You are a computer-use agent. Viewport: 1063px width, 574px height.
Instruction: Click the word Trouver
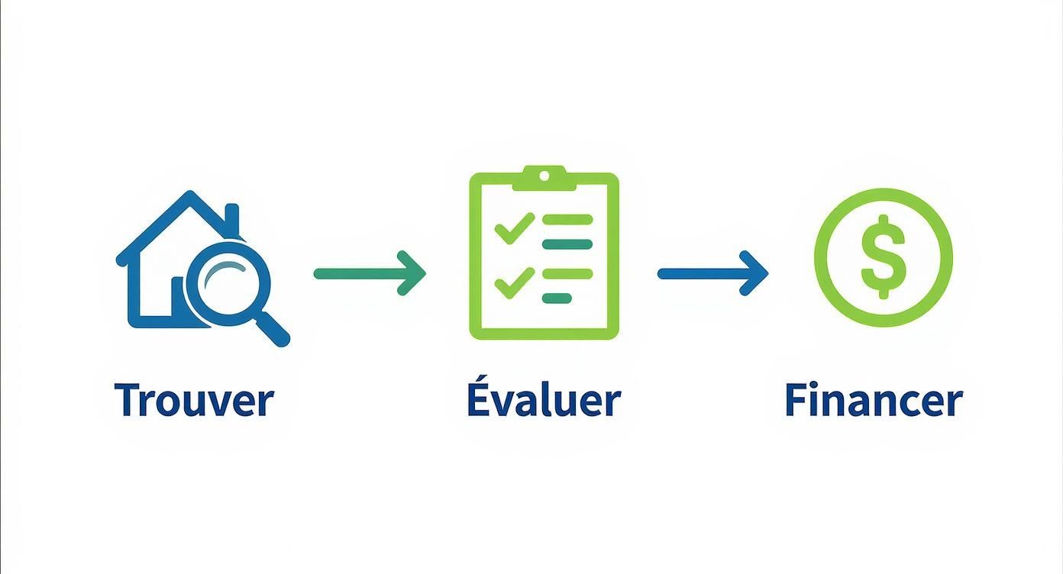[x=194, y=400]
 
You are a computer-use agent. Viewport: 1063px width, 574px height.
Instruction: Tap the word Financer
[x=874, y=399]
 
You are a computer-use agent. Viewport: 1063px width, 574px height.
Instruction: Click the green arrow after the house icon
[x=370, y=273]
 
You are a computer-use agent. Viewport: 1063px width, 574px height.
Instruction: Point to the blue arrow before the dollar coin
[x=712, y=273]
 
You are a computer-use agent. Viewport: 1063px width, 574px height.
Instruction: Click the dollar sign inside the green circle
[x=883, y=256]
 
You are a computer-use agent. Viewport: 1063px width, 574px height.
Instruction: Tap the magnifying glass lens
[x=228, y=284]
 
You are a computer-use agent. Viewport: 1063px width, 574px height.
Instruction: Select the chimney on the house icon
[x=231, y=218]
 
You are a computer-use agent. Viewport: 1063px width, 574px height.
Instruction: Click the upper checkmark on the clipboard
[x=515, y=228]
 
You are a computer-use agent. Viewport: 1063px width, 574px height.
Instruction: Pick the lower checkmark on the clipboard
[x=515, y=283]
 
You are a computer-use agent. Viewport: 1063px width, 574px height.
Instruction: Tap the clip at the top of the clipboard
[x=544, y=178]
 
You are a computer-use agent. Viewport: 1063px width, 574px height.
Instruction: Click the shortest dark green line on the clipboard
[x=557, y=298]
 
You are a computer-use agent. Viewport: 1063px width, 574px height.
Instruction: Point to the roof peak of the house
[x=190, y=194]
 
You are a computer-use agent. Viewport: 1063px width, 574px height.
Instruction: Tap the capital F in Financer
[x=798, y=399]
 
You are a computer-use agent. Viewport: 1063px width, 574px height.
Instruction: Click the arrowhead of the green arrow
[x=412, y=273]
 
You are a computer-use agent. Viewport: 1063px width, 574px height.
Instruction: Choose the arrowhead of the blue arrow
[x=754, y=273]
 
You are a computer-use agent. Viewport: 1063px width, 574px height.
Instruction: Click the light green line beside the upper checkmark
[x=567, y=220]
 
